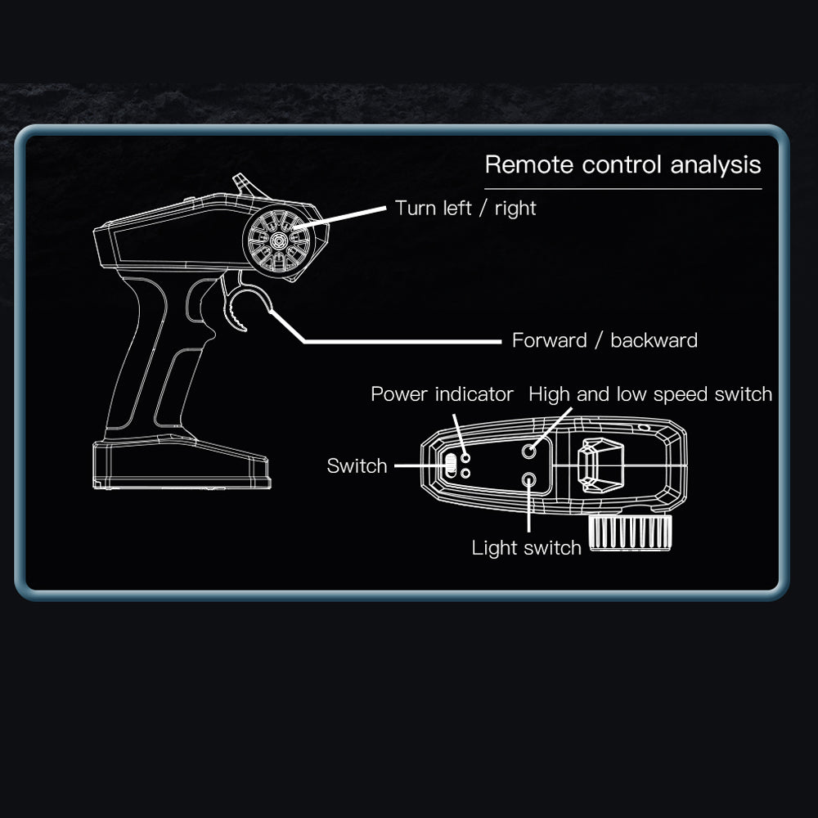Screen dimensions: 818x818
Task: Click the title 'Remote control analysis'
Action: [x=622, y=165]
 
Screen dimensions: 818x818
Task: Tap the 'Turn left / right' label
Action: [x=465, y=208]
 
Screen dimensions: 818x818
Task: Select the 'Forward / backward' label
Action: [x=605, y=340]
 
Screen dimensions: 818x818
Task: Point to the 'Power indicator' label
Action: [x=442, y=394]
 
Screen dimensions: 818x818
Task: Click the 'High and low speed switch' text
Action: [x=650, y=394]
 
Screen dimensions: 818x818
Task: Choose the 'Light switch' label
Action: [x=526, y=548]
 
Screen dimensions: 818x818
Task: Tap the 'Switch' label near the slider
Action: [x=357, y=466]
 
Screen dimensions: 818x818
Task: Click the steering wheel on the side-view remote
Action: [x=279, y=240]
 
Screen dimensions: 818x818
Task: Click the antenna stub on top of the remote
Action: [x=249, y=186]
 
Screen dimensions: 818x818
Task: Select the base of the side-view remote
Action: [x=182, y=463]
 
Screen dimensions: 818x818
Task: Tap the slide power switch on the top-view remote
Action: [x=451, y=465]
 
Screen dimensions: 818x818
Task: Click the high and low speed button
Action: [x=529, y=451]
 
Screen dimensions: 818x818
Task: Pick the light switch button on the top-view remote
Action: [x=529, y=479]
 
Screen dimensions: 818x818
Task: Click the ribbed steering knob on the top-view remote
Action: [x=630, y=533]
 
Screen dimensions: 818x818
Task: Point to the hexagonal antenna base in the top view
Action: [x=600, y=465]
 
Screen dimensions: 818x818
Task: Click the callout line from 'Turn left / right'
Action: [x=340, y=218]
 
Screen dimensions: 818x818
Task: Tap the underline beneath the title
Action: [x=622, y=189]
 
